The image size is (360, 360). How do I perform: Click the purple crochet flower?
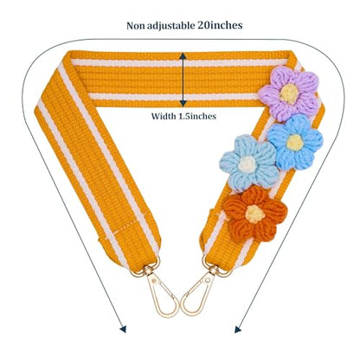[x=289, y=93]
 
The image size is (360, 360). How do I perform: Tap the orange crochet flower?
[x=255, y=214]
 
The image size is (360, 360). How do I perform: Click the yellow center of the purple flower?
[x=289, y=94]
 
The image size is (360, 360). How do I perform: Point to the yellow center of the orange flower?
[x=255, y=214]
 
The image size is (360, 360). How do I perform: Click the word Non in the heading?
[x=136, y=26]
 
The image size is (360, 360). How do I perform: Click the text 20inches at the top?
[x=220, y=25]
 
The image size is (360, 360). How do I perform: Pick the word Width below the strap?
[x=164, y=116]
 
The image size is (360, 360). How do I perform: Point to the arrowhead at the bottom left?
[x=124, y=329]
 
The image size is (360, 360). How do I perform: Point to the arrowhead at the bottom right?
[x=237, y=329]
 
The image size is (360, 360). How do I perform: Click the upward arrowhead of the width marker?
[x=183, y=56]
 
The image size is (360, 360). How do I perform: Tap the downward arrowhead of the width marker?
[x=183, y=103]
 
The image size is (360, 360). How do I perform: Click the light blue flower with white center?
[x=248, y=164]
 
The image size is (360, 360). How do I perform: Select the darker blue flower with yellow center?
[x=295, y=142]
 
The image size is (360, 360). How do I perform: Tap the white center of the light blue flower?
[x=247, y=164]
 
